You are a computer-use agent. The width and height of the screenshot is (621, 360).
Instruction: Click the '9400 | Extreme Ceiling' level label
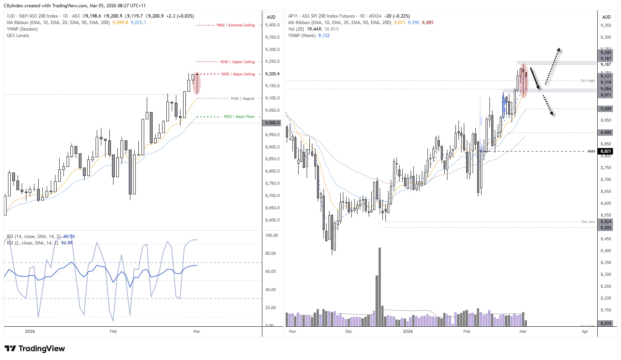pos(235,25)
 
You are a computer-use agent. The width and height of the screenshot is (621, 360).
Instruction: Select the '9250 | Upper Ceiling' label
pos(237,62)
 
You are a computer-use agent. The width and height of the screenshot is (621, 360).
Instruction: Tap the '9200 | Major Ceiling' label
pos(237,74)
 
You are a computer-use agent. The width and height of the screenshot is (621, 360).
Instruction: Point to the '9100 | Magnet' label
pos(242,99)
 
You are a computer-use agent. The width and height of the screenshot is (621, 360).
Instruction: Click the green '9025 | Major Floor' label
pos(239,117)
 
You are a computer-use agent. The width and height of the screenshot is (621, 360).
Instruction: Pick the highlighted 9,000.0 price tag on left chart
pos(272,123)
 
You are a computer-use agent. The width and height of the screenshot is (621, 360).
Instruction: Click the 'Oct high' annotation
pos(587,81)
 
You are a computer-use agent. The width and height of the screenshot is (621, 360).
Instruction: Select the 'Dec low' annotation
pos(588,222)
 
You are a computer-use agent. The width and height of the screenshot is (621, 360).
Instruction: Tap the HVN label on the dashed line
pos(591,151)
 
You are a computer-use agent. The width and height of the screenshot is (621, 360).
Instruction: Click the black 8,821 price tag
pos(606,151)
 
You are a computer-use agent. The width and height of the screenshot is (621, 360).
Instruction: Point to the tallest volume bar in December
pos(380,287)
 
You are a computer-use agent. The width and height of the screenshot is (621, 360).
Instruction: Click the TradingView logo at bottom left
pos(35,349)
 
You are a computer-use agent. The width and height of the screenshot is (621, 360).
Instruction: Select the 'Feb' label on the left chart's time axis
pos(113,331)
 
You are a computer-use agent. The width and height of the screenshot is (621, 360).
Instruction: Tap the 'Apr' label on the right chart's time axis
pos(585,331)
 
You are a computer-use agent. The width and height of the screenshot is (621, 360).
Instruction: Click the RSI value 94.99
pos(67,243)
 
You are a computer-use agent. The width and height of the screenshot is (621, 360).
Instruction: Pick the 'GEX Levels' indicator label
pos(18,36)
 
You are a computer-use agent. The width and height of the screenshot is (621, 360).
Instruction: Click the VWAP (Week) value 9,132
pos(324,36)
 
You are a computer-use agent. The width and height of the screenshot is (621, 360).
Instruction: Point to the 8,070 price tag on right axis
pos(606,323)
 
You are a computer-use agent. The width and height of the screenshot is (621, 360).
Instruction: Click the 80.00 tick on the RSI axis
pos(270,253)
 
